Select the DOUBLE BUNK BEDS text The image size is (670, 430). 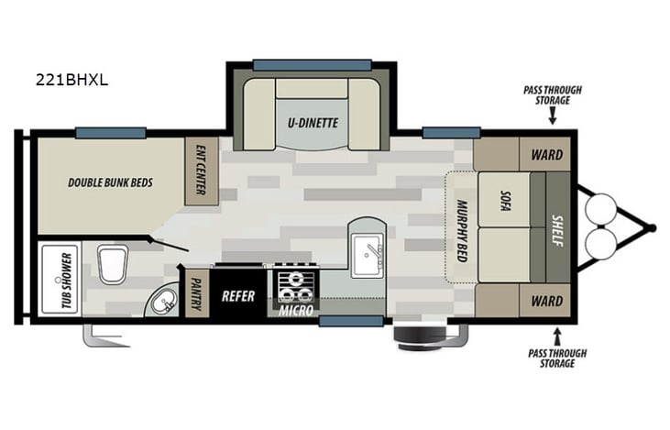coord(110,182)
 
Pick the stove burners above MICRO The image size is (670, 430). coord(294,286)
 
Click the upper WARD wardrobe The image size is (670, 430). coord(546,154)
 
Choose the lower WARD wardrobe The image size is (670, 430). coord(546,300)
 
